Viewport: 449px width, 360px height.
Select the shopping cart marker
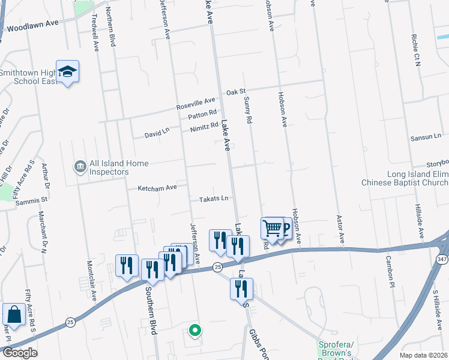(x=273, y=229)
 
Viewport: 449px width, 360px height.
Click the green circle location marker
(x=194, y=329)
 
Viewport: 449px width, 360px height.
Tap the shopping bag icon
(x=13, y=314)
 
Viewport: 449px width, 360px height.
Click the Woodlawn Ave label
(x=31, y=27)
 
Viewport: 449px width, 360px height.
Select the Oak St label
(x=236, y=92)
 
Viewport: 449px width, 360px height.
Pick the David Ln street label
(x=157, y=134)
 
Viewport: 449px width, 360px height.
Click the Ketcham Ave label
(x=157, y=188)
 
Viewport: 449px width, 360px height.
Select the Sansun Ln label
(x=426, y=137)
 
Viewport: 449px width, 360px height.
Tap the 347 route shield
(x=441, y=259)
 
